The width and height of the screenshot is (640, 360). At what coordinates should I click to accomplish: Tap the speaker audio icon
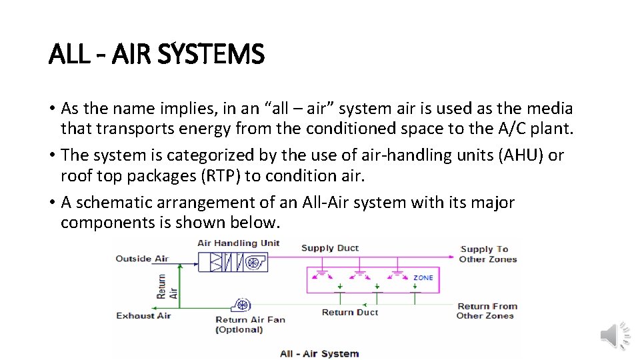coord(615,335)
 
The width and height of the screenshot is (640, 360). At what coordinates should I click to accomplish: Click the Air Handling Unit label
coord(239,243)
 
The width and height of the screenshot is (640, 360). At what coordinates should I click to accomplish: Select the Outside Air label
coord(142,259)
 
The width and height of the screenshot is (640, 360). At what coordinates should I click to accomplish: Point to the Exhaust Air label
coord(143,315)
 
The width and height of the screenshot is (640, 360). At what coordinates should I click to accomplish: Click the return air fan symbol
coord(241,305)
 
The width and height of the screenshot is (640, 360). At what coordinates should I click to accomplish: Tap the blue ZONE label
coord(423,277)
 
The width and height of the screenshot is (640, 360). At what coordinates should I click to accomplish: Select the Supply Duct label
coord(329,248)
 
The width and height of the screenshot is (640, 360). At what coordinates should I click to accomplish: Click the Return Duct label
coord(349,312)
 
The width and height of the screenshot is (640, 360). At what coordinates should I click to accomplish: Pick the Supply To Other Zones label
coord(487,254)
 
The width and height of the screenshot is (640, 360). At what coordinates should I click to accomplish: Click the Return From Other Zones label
coord(487,311)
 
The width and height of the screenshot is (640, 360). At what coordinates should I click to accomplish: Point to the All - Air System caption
coord(319,353)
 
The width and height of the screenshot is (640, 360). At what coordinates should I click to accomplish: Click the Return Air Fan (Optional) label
coord(249,325)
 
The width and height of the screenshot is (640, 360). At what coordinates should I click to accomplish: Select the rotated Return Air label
coord(167,287)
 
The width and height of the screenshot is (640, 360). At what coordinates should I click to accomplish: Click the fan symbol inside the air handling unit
coord(253,263)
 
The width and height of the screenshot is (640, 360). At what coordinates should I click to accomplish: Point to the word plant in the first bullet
coord(551,128)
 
